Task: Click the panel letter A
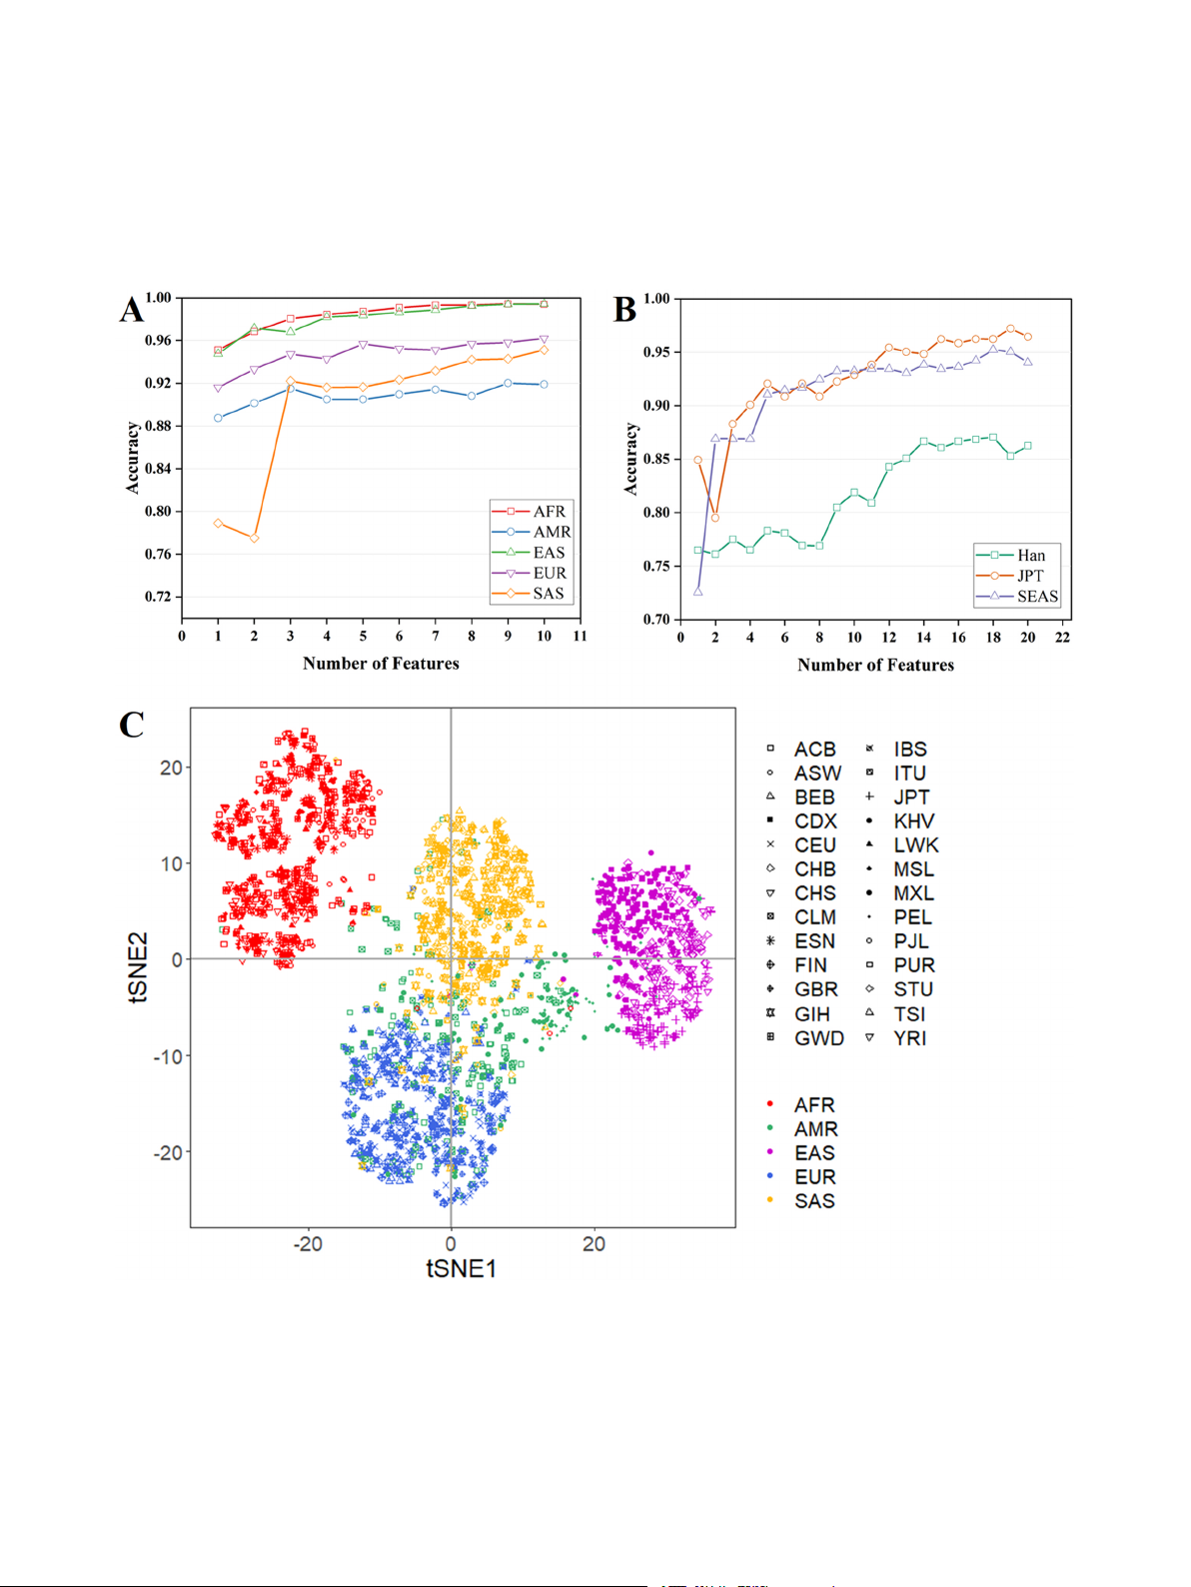click(131, 310)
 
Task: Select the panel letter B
click(624, 310)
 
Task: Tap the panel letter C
click(131, 725)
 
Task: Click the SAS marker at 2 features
click(254, 538)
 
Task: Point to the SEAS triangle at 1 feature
click(697, 592)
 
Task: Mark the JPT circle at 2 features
click(714, 518)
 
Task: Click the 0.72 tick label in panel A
click(158, 597)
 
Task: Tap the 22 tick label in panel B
click(1062, 638)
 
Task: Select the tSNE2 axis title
click(138, 966)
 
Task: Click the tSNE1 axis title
click(461, 1269)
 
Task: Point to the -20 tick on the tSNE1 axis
click(307, 1244)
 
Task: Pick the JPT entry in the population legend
click(910, 797)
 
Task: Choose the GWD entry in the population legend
click(818, 1038)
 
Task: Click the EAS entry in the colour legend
click(814, 1153)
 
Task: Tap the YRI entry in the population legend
click(909, 1038)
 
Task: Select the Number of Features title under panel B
click(875, 666)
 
